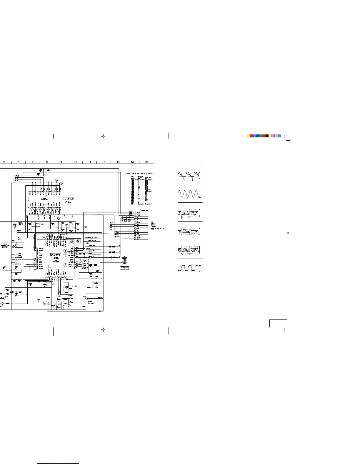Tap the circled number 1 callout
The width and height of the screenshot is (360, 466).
coord(49,267)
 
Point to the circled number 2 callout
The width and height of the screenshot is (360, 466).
coord(66,265)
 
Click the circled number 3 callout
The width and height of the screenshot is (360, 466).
coord(66,254)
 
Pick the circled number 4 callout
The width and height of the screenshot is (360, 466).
coord(66,251)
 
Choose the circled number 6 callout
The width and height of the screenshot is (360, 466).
coord(72,242)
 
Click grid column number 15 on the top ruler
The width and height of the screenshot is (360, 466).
coord(146,162)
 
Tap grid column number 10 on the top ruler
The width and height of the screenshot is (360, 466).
coord(75,162)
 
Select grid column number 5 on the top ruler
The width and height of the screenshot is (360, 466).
coord(4,162)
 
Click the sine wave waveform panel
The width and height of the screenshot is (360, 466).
coord(190,194)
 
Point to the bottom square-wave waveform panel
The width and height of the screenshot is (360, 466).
coord(190,268)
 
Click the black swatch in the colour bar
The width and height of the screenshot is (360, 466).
coord(267,136)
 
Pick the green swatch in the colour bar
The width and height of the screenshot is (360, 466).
coord(261,136)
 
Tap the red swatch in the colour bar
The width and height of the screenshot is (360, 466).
coord(264,136)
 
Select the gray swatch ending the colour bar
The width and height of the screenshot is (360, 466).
coord(279,136)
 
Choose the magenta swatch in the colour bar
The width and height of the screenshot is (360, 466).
coord(251,136)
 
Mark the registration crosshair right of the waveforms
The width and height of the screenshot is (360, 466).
coord(288,233)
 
